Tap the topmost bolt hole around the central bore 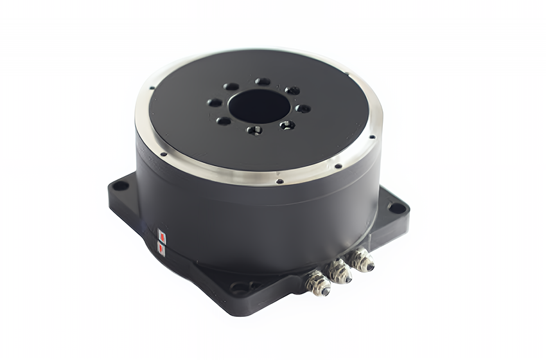pyautogui.click(x=262, y=82)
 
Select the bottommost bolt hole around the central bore pyautogui.click(x=254, y=130)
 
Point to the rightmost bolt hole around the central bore pyautogui.click(x=303, y=109)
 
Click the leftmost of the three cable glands pyautogui.click(x=319, y=284)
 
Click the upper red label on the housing pyautogui.click(x=162, y=235)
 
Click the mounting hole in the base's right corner pyautogui.click(x=397, y=208)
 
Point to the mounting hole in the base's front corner pyautogui.click(x=240, y=289)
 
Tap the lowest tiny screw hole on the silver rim pyautogui.click(x=279, y=181)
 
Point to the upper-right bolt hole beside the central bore pyautogui.click(x=292, y=91)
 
